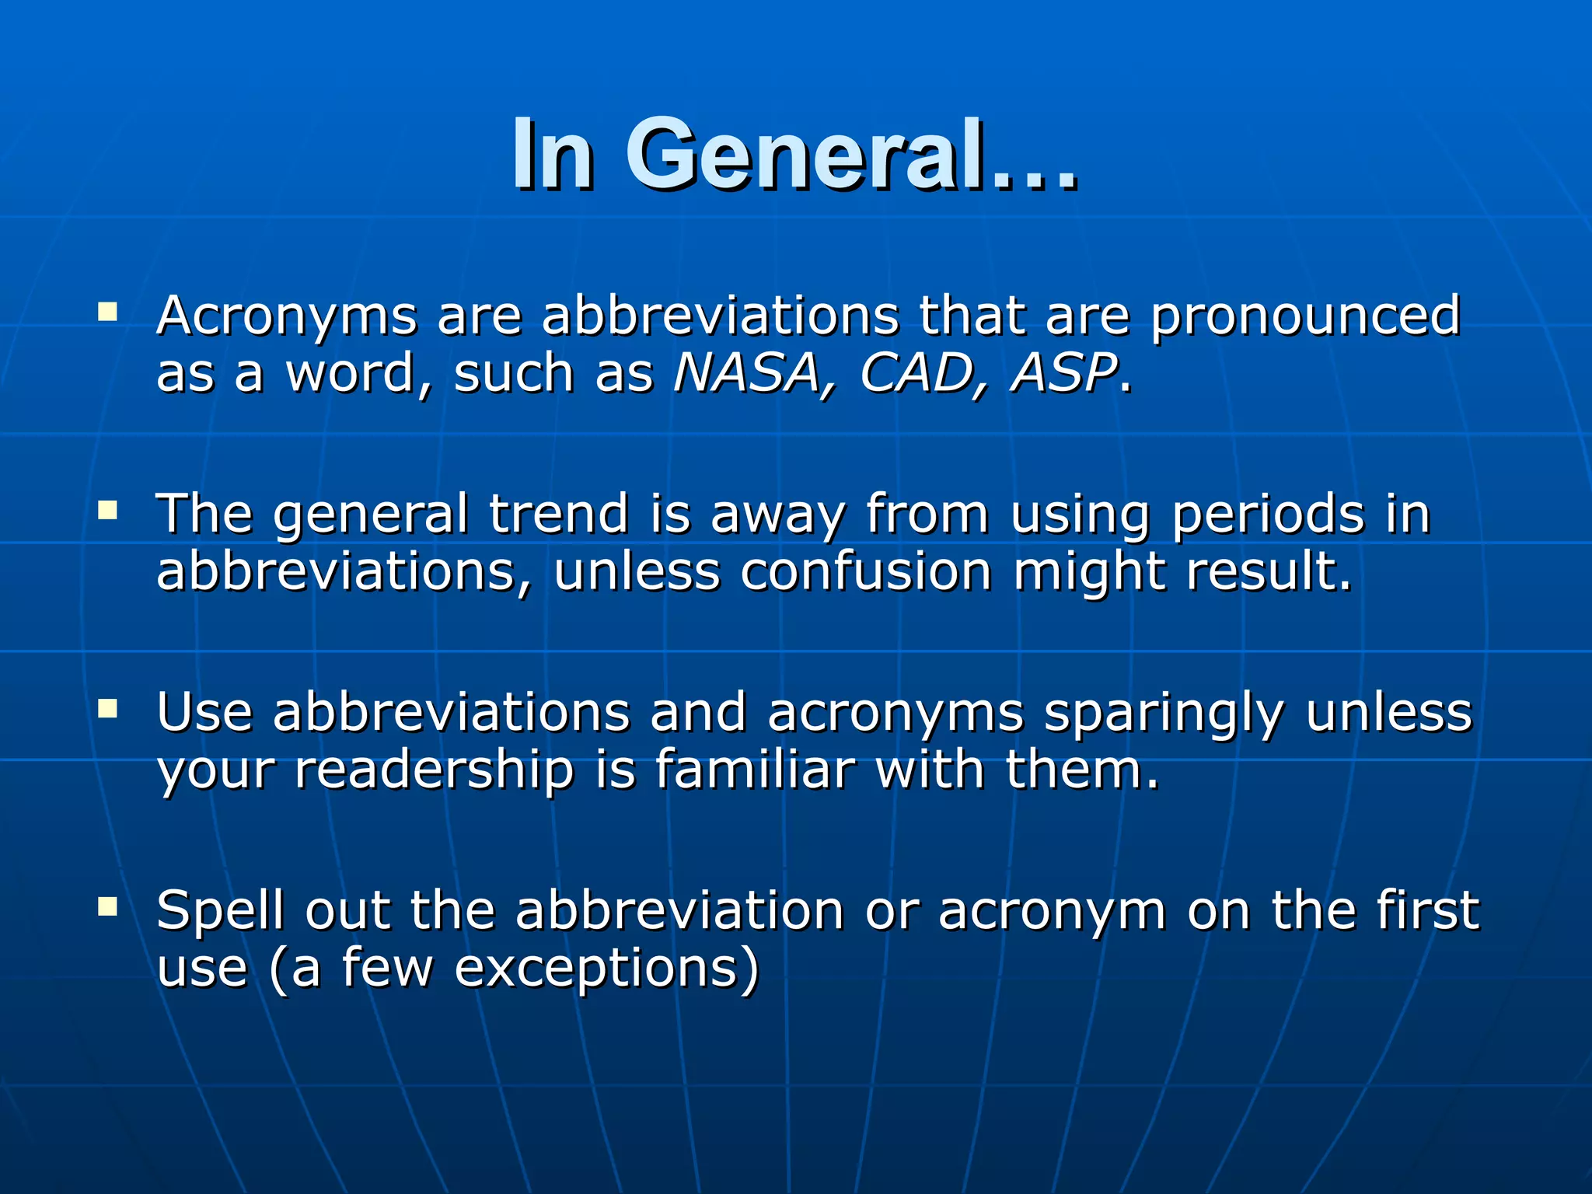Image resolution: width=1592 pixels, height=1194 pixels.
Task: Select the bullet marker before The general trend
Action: tap(107, 511)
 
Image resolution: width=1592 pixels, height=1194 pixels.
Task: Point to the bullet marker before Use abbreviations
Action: tap(107, 708)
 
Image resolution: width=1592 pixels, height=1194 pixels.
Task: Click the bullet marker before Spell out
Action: tap(107, 906)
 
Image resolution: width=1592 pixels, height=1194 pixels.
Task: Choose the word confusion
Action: tap(866, 572)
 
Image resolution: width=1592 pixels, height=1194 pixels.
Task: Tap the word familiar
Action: tap(754, 770)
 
